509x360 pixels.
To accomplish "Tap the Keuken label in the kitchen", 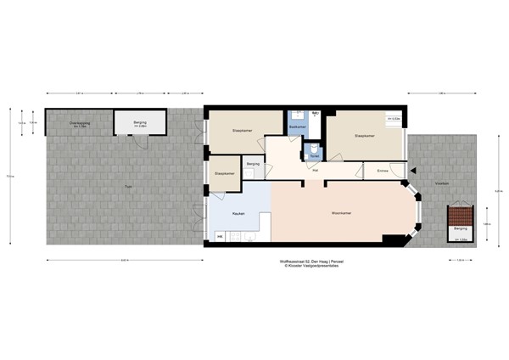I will [x=239, y=213].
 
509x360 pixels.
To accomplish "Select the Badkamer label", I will [x=296, y=127].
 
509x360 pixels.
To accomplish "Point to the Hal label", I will [x=315, y=171].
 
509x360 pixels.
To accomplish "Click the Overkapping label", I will [x=81, y=124].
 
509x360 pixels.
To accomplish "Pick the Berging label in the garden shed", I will [x=138, y=123].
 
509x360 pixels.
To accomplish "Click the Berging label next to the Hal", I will [x=252, y=163].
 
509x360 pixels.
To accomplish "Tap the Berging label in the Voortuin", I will [x=459, y=228].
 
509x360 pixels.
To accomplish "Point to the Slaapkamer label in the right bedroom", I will [x=364, y=135].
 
